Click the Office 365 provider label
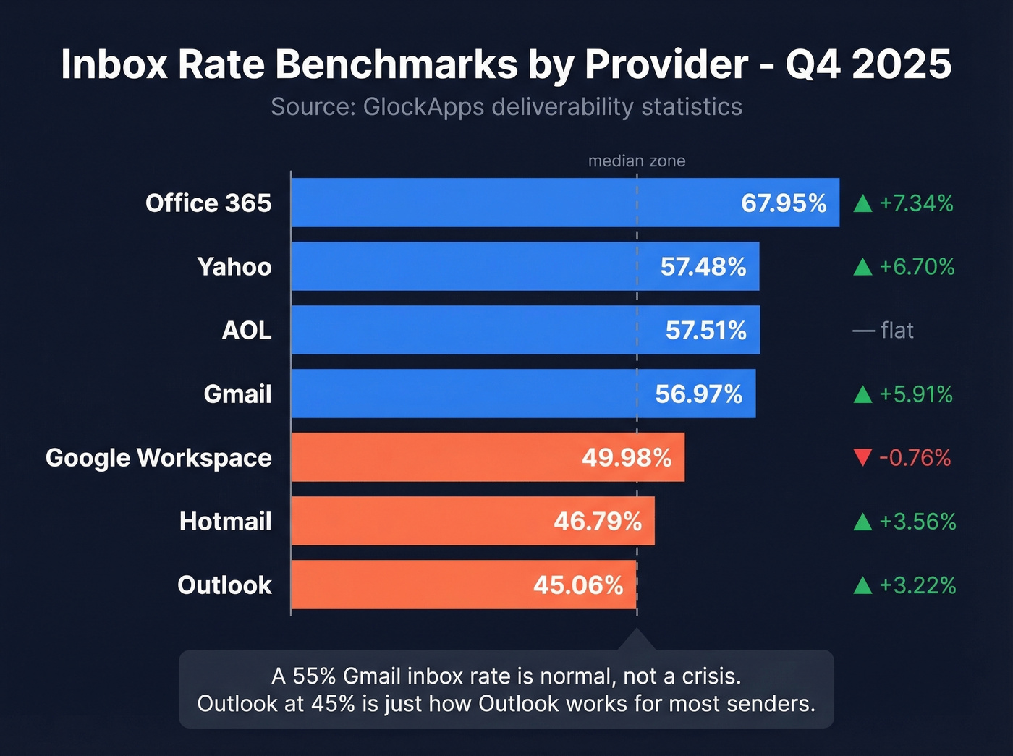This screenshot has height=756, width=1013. click(x=208, y=203)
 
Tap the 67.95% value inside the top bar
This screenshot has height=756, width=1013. click(x=783, y=203)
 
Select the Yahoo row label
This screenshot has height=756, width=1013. click(x=234, y=267)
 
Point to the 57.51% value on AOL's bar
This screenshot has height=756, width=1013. click(x=705, y=331)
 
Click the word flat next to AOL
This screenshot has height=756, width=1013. click(x=897, y=331)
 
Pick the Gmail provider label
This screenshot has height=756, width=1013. click(x=237, y=394)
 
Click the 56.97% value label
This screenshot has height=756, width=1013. click(x=698, y=394)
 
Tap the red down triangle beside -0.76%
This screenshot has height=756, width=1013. click(x=862, y=458)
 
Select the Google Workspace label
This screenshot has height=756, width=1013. click(x=158, y=458)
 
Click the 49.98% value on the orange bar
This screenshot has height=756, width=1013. click(x=627, y=458)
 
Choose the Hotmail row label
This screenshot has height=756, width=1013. click(x=225, y=522)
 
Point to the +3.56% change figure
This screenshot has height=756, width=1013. click(x=917, y=522)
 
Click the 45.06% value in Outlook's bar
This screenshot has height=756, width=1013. click(x=578, y=585)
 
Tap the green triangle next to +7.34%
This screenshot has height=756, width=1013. click(x=862, y=204)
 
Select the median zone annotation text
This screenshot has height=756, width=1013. click(x=637, y=161)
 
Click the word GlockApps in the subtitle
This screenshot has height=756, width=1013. click(x=423, y=107)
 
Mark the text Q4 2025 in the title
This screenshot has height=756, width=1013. click(x=868, y=64)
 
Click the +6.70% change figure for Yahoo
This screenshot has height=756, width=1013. click(x=917, y=267)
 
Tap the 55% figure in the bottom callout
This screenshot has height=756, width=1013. click(x=314, y=676)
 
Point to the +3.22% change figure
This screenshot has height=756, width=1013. click(x=917, y=585)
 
